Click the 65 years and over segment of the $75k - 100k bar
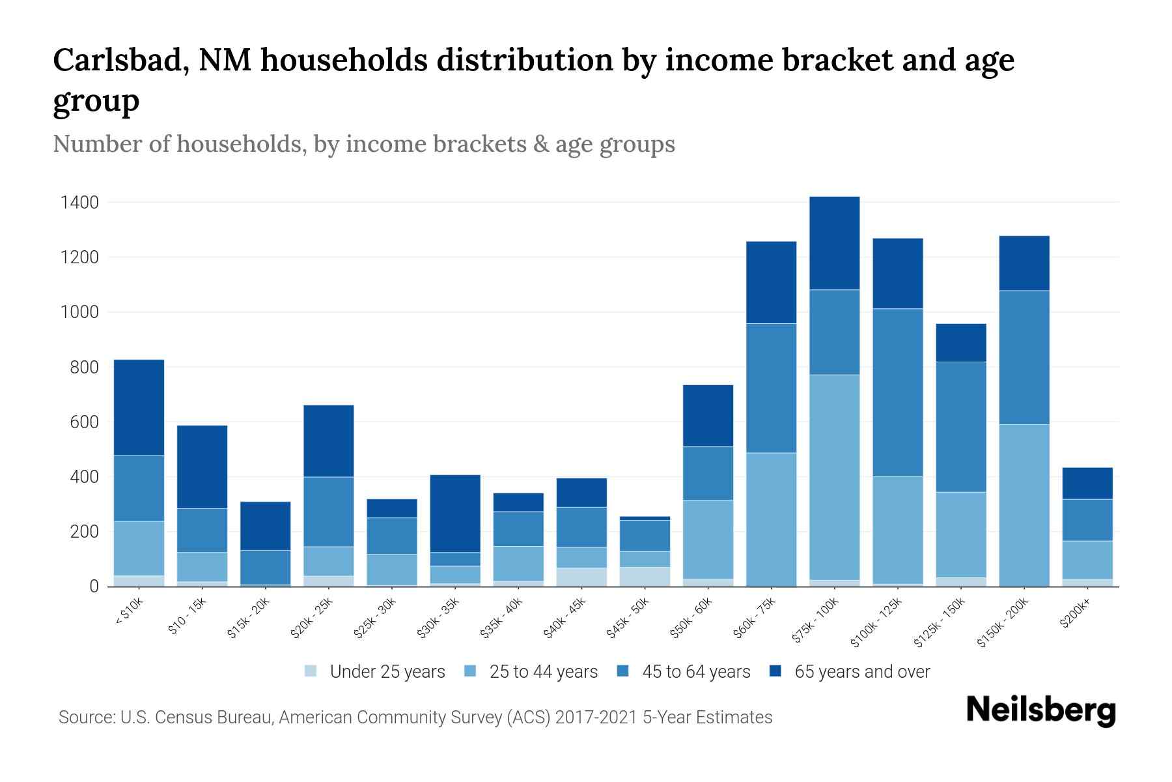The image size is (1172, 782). coord(834,243)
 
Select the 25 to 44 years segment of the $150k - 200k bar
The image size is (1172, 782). coord(1024,505)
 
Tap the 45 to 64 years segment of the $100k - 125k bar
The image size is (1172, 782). coord(898,392)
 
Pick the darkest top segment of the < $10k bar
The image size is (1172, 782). coord(139,407)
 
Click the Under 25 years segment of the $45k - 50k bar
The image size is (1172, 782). coord(645,577)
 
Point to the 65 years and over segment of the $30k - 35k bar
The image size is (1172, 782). coord(455,514)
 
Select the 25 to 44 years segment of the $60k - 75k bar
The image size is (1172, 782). coord(771,519)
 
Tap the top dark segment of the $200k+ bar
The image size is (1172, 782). coord(1087,483)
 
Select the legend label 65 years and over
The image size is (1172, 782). coord(862,672)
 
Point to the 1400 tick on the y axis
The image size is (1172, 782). coord(79,203)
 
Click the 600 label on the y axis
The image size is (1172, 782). coord(85,422)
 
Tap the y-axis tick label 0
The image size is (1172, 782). coord(94,586)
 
